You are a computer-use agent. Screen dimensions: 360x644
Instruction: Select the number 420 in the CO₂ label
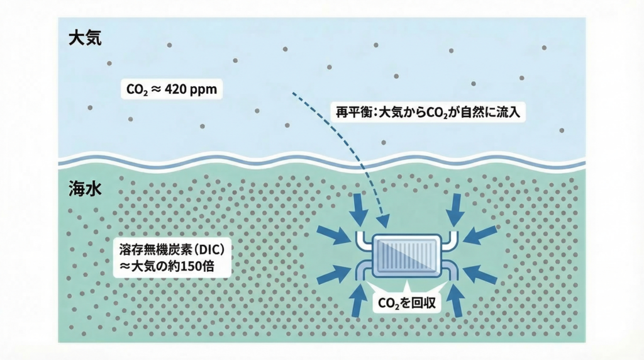pos(178,89)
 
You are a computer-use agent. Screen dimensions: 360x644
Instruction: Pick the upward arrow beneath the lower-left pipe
pos(360,301)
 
